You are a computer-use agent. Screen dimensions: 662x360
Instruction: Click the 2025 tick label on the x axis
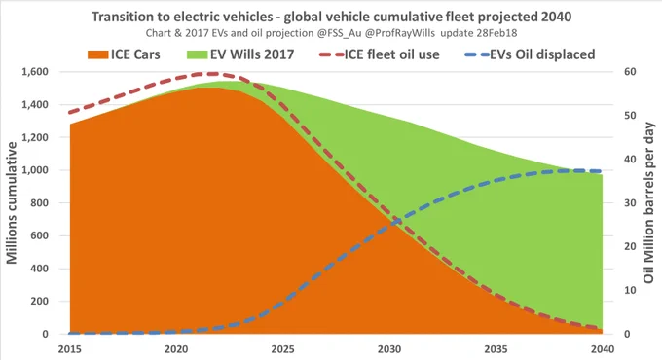click(282, 349)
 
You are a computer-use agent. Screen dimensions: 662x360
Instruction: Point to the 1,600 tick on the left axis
click(35, 72)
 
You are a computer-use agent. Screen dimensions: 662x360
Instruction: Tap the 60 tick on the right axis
click(630, 72)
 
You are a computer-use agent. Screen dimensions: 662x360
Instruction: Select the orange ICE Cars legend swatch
click(97, 54)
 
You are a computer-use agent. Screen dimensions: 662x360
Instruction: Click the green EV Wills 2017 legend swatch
click(198, 54)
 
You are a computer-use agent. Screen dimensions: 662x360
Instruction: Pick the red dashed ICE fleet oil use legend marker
click(331, 54)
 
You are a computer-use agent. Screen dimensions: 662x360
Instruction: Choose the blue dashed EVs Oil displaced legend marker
click(477, 54)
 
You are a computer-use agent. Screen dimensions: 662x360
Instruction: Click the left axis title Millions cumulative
click(12, 202)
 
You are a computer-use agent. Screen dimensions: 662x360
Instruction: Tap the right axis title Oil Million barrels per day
click(649, 202)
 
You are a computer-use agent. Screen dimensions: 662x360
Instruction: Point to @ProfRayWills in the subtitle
click(399, 33)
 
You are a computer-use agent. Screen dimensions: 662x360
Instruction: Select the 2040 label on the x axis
click(603, 349)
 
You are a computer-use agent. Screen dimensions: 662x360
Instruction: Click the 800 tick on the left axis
click(39, 203)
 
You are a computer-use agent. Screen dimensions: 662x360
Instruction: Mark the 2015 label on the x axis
click(70, 349)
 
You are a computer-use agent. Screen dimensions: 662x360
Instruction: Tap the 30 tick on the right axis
click(630, 203)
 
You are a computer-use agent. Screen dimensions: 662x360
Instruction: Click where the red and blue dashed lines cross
click(394, 220)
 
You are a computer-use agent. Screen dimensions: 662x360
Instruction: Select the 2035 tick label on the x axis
click(496, 349)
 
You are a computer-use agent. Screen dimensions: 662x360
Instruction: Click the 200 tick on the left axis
click(39, 302)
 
